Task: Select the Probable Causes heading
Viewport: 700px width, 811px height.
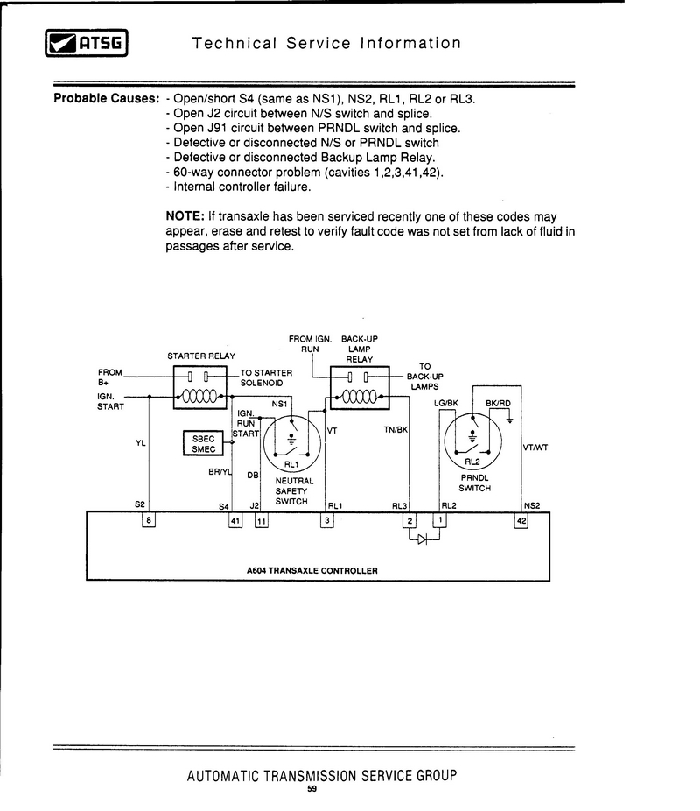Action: click(x=106, y=98)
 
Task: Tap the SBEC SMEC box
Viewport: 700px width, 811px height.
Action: click(x=204, y=443)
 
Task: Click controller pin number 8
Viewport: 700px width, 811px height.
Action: click(x=149, y=521)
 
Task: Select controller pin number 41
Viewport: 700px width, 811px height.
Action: click(x=234, y=521)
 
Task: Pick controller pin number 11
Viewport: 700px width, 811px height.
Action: click(x=262, y=521)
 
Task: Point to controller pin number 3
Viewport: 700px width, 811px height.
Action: click(x=327, y=521)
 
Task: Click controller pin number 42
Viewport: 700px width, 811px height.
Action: click(x=521, y=521)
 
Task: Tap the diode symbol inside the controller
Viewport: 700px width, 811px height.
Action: click(x=422, y=539)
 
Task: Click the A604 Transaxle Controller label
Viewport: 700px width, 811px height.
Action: click(x=312, y=570)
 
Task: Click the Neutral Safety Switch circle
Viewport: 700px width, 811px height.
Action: click(x=292, y=442)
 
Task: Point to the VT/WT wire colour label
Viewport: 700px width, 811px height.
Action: click(x=535, y=448)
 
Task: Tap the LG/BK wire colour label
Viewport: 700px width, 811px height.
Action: click(x=446, y=403)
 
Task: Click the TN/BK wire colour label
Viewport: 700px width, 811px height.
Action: click(x=395, y=430)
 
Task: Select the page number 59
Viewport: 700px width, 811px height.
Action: click(x=312, y=789)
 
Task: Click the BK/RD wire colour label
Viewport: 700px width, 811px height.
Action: click(x=498, y=403)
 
